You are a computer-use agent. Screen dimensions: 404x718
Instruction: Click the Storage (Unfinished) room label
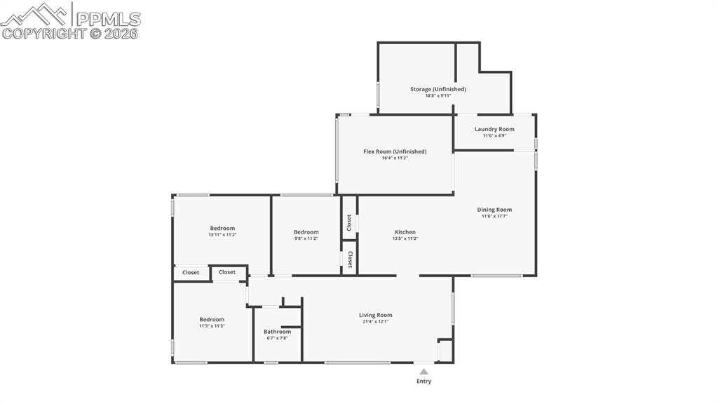pyautogui.click(x=438, y=89)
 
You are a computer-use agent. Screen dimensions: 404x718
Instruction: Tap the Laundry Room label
pyautogui.click(x=494, y=129)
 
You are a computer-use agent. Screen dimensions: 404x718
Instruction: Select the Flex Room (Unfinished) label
pyautogui.click(x=395, y=151)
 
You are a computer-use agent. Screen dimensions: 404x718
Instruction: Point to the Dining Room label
pyautogui.click(x=494, y=210)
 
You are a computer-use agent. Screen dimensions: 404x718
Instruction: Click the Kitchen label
pyautogui.click(x=405, y=232)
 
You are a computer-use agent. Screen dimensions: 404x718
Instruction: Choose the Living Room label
pyautogui.click(x=376, y=315)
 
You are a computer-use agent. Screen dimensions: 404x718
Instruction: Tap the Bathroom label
pyautogui.click(x=277, y=332)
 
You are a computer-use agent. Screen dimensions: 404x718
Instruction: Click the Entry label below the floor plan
pyautogui.click(x=424, y=382)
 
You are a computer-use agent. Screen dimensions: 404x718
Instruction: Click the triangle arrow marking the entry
pyautogui.click(x=424, y=372)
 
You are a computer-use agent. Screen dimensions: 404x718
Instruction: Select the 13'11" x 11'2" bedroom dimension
pyautogui.click(x=222, y=235)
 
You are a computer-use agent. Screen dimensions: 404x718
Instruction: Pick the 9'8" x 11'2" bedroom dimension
pyautogui.click(x=306, y=238)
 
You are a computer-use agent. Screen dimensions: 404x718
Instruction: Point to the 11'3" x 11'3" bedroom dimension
pyautogui.click(x=212, y=325)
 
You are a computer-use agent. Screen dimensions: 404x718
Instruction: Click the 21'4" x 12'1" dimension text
pyautogui.click(x=376, y=322)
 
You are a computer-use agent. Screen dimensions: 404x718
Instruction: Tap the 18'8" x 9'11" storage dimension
pyautogui.click(x=438, y=95)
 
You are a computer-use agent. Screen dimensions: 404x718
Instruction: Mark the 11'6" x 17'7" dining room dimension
pyautogui.click(x=494, y=216)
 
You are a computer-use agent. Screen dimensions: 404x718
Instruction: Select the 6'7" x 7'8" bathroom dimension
pyautogui.click(x=277, y=338)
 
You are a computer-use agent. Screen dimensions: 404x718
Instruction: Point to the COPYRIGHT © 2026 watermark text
pyautogui.click(x=70, y=33)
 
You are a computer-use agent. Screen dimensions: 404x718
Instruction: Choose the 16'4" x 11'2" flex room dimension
pyautogui.click(x=395, y=158)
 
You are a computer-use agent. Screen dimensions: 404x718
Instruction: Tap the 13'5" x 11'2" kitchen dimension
pyautogui.click(x=405, y=238)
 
